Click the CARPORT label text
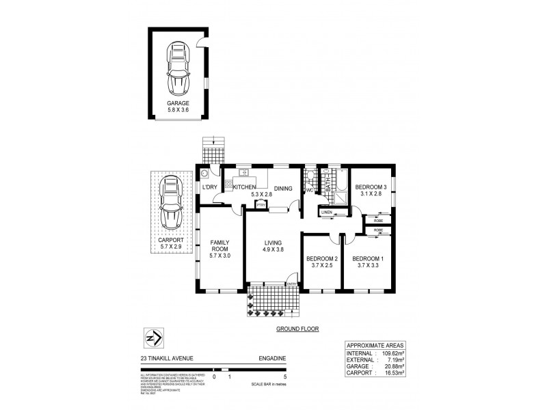pos(168,241)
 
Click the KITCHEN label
pos(244,187)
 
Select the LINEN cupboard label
pos(326,213)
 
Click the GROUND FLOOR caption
pos(297,328)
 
